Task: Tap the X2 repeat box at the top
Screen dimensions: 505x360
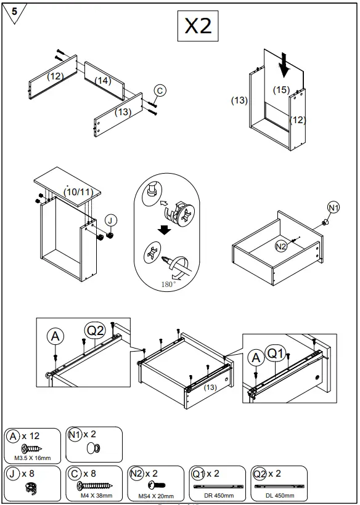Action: (198, 26)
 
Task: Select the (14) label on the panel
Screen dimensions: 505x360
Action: (102, 80)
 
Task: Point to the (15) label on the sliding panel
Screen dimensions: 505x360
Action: (281, 90)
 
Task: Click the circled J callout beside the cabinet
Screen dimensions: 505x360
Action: (110, 220)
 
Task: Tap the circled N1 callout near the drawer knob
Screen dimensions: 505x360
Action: (333, 208)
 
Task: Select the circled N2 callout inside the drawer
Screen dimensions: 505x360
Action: (281, 246)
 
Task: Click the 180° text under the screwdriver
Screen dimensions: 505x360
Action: (168, 284)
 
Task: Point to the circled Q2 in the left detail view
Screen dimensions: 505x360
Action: (96, 331)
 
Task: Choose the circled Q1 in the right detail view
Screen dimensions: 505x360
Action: (276, 353)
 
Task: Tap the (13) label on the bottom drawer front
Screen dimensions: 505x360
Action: (210, 387)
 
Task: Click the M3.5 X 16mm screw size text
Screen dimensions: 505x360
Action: (33, 458)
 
